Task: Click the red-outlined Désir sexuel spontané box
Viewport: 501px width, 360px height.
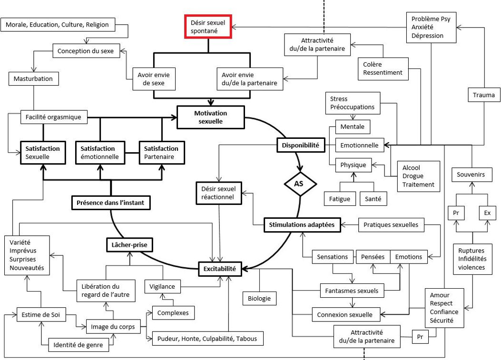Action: point(208,26)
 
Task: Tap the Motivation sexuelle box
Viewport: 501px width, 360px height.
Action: point(210,117)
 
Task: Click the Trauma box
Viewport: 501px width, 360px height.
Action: point(484,95)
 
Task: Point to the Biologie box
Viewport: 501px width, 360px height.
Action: point(259,298)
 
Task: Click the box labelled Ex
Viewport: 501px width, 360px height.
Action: point(487,213)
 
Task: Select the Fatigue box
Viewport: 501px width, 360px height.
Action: point(339,199)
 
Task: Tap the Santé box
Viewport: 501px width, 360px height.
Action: point(373,199)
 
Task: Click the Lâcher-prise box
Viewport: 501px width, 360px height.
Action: point(126,246)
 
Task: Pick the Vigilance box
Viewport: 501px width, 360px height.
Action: point(162,286)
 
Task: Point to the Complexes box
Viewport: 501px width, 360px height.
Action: point(173,312)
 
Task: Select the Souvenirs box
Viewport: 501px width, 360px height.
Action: point(471,175)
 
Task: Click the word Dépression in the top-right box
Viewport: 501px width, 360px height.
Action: point(427,36)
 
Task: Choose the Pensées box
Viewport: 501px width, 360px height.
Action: point(373,257)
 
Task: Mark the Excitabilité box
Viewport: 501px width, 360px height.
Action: point(220,269)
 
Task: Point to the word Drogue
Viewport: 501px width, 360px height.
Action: point(412,176)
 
